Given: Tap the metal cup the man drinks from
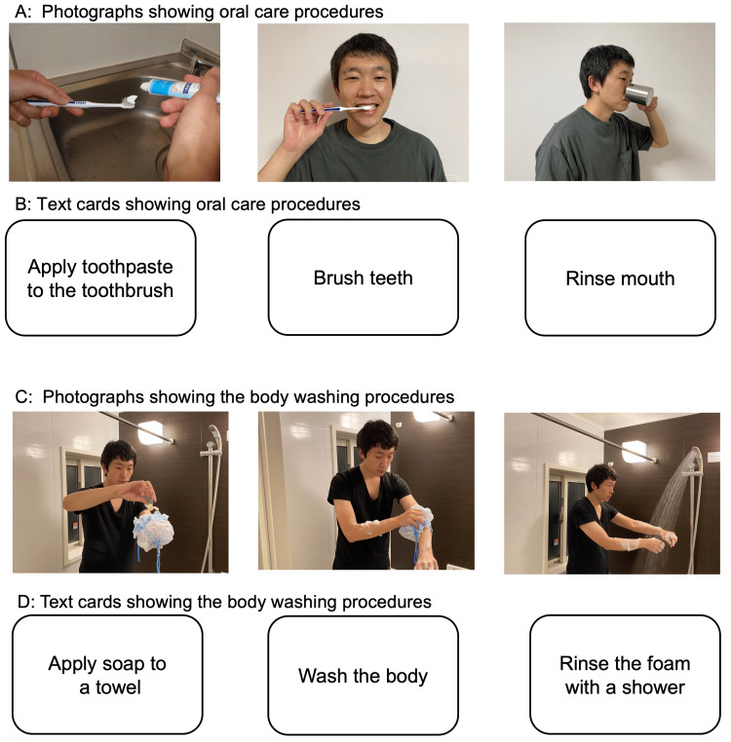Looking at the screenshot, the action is pyautogui.click(x=638, y=94).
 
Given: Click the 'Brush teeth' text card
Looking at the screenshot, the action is pyautogui.click(x=363, y=278).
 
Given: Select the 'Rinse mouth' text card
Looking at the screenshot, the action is pyautogui.click(x=620, y=278).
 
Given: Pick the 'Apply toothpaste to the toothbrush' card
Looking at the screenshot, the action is pyautogui.click(x=100, y=278).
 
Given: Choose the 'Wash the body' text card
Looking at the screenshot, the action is pyautogui.click(x=363, y=675).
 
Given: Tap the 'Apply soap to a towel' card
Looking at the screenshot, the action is pyautogui.click(x=107, y=675).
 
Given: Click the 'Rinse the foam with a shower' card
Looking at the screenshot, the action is pyautogui.click(x=625, y=675).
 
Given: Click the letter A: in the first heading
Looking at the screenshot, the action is pyautogui.click(x=23, y=12).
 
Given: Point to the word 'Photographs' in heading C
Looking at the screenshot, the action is pyautogui.click(x=93, y=396).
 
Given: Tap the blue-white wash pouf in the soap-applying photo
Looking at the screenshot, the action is pyautogui.click(x=153, y=533).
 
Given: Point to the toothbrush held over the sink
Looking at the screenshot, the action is pyautogui.click(x=82, y=102).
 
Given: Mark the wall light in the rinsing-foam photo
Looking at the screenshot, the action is pyautogui.click(x=635, y=451).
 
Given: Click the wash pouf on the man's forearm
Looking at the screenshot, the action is pyautogui.click(x=417, y=523).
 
